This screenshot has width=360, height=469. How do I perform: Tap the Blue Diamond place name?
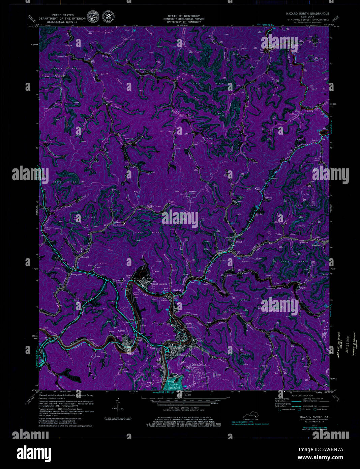[118, 225]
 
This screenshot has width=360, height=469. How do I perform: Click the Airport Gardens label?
[158, 284]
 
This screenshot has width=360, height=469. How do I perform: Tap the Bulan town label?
[239, 242]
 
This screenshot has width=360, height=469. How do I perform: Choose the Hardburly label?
[317, 246]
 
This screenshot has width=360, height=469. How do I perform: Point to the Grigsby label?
[303, 288]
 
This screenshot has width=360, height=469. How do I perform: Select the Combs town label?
[122, 331]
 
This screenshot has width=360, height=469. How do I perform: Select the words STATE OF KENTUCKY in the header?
[184, 16]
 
